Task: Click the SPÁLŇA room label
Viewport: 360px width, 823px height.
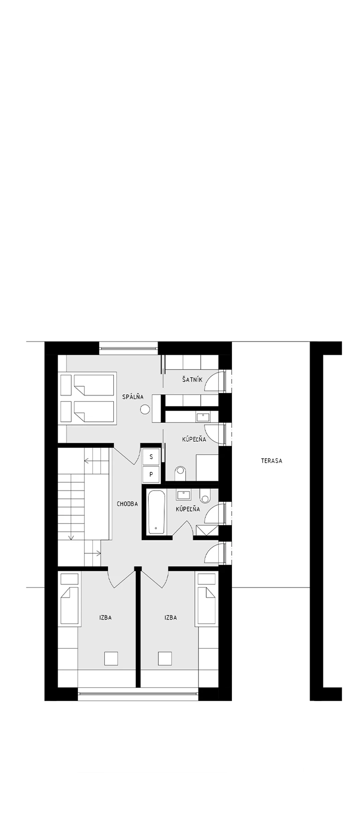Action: coord(133,397)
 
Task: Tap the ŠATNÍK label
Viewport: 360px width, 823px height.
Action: coord(192,379)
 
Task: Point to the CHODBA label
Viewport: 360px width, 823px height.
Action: coord(127,504)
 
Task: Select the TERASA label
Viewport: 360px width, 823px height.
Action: coord(272,461)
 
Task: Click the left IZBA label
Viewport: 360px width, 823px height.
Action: coord(106,618)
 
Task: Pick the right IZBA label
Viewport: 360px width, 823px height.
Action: coord(171,618)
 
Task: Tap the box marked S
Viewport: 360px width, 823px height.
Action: coord(151,457)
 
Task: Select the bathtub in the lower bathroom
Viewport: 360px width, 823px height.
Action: coord(156,512)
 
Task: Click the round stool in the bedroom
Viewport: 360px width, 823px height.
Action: coord(145,410)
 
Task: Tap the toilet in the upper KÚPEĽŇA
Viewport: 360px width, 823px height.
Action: coord(181,471)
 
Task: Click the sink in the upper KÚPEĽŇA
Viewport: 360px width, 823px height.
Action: coord(203,417)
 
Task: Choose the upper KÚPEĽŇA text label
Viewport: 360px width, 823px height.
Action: coord(194,440)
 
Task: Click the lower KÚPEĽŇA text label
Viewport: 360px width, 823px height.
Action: coord(188,509)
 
